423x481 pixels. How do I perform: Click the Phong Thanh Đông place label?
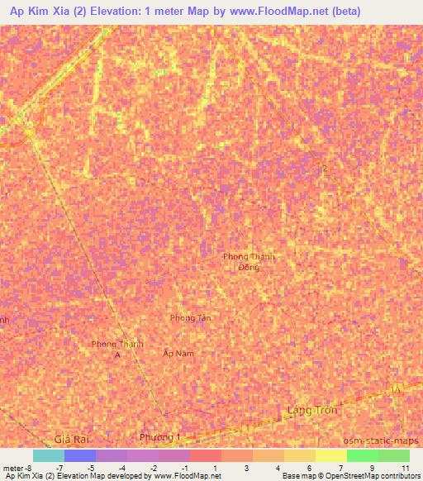click(x=249, y=261)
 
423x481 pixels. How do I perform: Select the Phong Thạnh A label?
click(x=117, y=348)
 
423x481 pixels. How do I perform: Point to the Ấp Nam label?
click(x=178, y=353)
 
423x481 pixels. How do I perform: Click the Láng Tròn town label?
click(x=312, y=410)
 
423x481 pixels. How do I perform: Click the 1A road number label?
click(x=397, y=388)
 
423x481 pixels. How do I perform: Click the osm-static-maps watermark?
click(x=381, y=440)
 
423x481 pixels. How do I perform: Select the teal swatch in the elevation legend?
click(x=49, y=455)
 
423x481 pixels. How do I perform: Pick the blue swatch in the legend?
click(x=80, y=455)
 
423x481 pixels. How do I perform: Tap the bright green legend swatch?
click(x=362, y=455)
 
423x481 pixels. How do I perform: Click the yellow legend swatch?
click(x=330, y=455)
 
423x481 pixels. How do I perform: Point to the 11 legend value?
click(x=405, y=468)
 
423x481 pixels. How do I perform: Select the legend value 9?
click(x=373, y=468)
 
